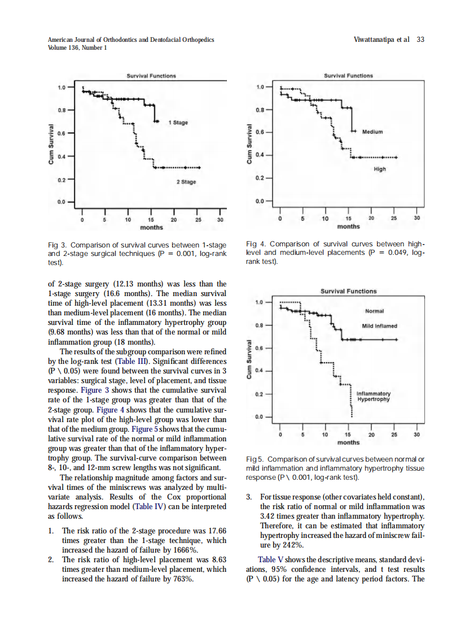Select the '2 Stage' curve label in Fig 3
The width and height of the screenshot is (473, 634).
(186, 182)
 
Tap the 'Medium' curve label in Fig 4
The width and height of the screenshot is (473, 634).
(373, 132)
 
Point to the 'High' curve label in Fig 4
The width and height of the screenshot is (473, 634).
(380, 169)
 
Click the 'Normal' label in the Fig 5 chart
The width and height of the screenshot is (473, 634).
(374, 311)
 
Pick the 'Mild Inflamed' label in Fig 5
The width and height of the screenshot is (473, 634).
(379, 326)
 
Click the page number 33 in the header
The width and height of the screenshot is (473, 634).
(420, 40)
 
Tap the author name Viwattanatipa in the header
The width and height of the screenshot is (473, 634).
(373, 40)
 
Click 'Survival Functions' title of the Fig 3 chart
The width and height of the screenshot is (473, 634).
(151, 76)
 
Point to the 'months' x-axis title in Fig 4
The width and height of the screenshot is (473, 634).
(348, 227)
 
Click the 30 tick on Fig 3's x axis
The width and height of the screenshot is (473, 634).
(220, 219)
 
